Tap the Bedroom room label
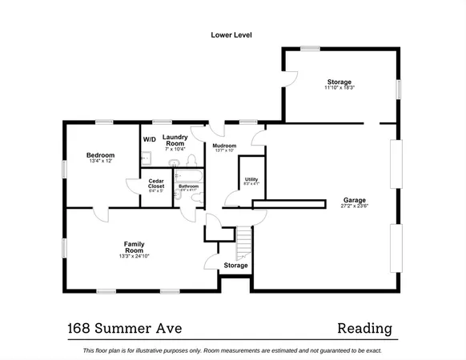pos(101,154)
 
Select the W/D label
pos(150,139)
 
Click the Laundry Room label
pos(175,140)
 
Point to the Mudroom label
pos(224,145)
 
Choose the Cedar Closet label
pos(156,183)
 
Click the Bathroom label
pos(189,186)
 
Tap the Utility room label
pos(251,179)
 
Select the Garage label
pos(355,199)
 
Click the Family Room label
pos(133,246)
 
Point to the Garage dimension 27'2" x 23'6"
pos(355,206)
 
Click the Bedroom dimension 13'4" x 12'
pos(101,162)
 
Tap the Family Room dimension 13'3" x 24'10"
pos(133,256)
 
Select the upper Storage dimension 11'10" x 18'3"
pos(339,88)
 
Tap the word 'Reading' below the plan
pos(364,327)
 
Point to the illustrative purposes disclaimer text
pos(232,350)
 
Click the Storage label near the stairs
pos(235,265)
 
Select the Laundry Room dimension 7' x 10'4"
pos(175,149)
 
